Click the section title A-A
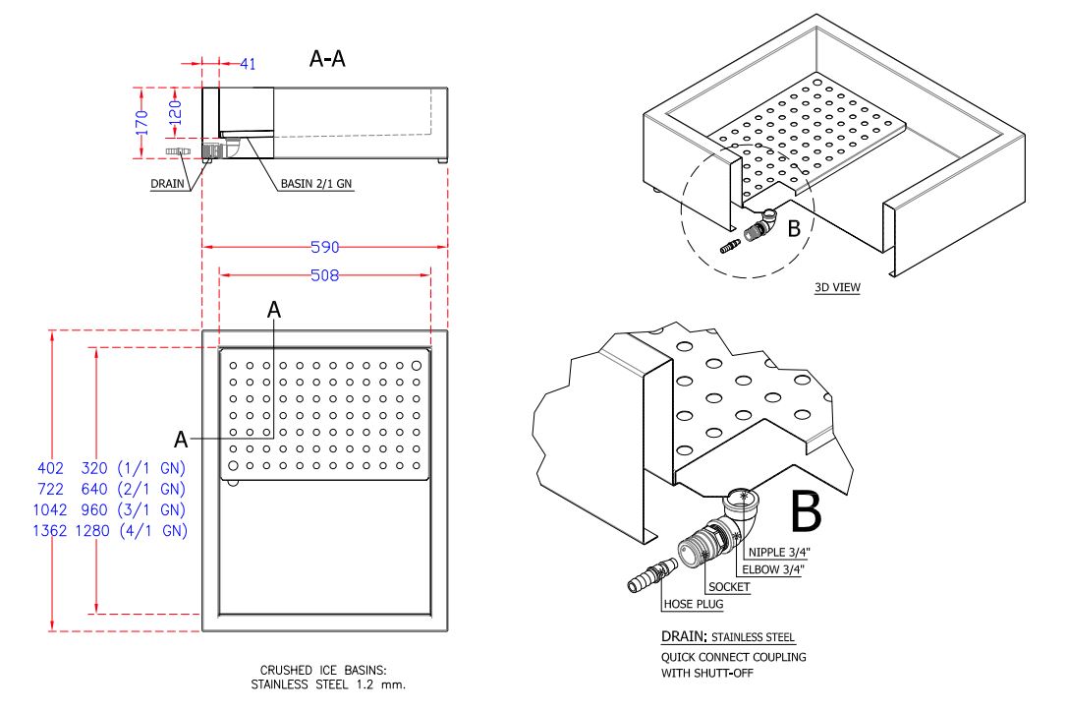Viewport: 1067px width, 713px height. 327,60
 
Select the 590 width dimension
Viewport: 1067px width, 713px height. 324,248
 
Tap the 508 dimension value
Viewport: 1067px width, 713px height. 324,276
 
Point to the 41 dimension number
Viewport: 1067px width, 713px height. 248,64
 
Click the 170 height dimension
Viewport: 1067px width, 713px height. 141,122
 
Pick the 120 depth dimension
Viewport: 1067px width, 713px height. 175,109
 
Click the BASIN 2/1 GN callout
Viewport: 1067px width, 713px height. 316,183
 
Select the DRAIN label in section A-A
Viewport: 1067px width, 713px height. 168,183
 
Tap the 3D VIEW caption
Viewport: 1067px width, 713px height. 837,288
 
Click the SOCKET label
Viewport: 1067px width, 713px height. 729,587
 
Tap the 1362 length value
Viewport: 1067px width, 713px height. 50,531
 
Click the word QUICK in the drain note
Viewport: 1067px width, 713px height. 679,657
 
